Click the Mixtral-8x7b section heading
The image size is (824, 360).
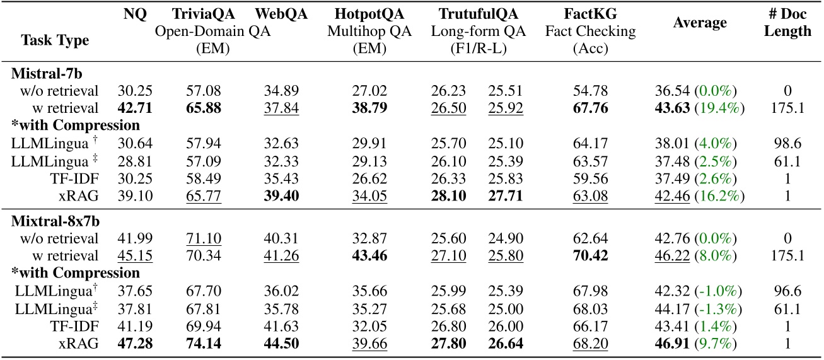click(x=49, y=223)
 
